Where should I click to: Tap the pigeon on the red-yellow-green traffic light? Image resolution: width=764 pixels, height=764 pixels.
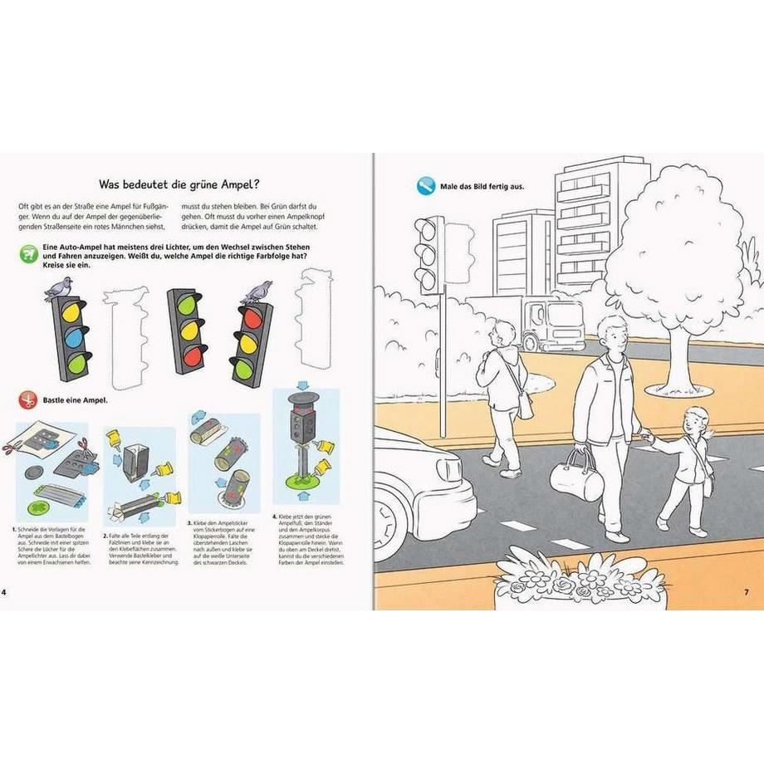[256, 292]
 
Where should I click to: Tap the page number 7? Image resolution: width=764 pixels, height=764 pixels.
[745, 591]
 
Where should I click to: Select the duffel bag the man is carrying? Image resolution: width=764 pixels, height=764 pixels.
[574, 478]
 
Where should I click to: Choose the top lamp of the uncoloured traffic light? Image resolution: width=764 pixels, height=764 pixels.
[429, 228]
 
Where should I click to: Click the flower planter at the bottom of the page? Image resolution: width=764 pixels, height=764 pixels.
[579, 581]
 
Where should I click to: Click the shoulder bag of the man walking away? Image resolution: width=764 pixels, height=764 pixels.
[524, 404]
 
